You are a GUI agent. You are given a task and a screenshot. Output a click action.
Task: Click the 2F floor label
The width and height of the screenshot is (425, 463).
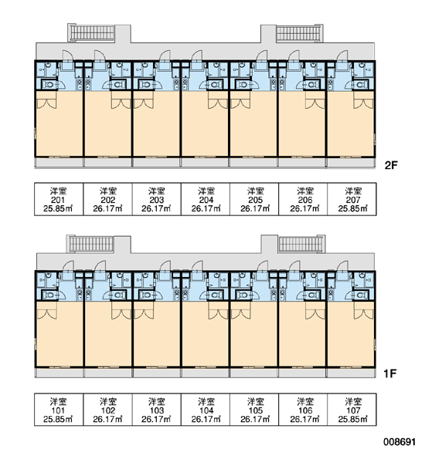click(x=391, y=165)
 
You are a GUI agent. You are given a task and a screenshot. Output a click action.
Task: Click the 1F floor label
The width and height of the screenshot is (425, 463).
click(x=389, y=373)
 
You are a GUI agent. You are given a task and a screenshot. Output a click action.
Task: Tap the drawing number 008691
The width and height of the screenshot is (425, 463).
click(x=399, y=441)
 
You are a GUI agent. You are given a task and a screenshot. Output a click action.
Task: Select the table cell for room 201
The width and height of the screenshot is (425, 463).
click(x=59, y=199)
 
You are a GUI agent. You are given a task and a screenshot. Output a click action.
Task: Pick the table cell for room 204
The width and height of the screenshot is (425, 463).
click(x=206, y=199)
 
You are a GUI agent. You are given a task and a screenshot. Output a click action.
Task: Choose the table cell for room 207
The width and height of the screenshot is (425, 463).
click(x=352, y=199)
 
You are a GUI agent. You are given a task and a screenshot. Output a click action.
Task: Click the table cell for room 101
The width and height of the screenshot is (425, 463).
click(x=59, y=410)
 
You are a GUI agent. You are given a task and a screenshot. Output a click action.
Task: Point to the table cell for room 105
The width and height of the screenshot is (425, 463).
click(x=254, y=410)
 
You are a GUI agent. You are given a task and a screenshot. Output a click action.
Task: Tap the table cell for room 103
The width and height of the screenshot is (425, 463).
click(x=156, y=410)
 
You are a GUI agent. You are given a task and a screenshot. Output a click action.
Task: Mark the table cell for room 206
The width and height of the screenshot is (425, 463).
click(x=303, y=199)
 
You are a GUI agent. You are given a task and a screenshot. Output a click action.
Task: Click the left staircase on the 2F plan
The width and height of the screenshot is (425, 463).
click(x=92, y=32)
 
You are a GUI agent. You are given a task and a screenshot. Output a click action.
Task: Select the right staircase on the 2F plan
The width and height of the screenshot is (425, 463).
click(x=299, y=33)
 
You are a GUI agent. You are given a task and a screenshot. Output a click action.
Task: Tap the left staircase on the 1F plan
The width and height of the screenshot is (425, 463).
click(x=91, y=244)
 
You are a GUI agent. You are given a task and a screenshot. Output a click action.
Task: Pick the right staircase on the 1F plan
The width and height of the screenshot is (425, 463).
click(x=301, y=244)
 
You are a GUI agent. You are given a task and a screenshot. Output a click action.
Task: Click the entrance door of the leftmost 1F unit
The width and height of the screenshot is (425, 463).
click(x=68, y=266)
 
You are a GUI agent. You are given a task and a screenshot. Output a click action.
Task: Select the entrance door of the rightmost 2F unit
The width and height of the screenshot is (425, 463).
click(x=342, y=56)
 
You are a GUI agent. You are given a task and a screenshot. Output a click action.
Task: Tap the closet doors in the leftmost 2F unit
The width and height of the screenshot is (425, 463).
click(x=46, y=103)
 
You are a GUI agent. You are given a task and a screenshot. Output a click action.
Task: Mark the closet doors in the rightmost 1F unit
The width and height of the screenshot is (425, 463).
click(x=364, y=314)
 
